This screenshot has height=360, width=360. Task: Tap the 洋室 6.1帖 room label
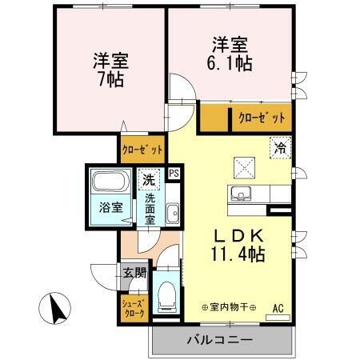pyautogui.click(x=232, y=52)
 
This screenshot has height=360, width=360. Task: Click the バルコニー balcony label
pyautogui.click(x=220, y=339)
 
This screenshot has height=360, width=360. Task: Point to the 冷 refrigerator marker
pyautogui.click(x=280, y=146)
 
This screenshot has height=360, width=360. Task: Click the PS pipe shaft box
pyautogui.click(x=174, y=173)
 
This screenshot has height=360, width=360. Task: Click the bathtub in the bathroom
pyautogui.click(x=110, y=181)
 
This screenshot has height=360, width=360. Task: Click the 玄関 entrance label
pyautogui.click(x=134, y=273)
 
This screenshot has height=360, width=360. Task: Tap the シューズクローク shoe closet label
pyautogui.click(x=133, y=308)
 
